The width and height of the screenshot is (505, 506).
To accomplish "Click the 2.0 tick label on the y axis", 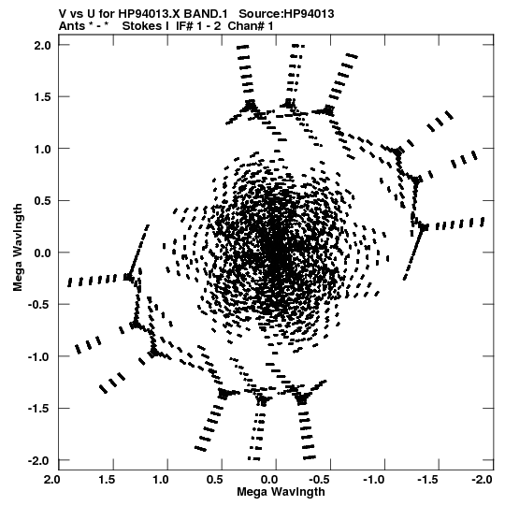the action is (x=43, y=45).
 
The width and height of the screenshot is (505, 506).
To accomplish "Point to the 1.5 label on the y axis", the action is (x=43, y=97).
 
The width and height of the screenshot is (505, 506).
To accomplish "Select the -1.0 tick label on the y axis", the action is (x=40, y=356).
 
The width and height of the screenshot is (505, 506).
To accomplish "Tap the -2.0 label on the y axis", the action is (x=40, y=460).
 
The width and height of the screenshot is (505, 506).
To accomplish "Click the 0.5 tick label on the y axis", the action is (x=43, y=201).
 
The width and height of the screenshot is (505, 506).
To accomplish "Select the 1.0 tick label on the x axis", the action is (x=161, y=480).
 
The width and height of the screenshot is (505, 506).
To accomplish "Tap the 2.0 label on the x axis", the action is (x=52, y=480).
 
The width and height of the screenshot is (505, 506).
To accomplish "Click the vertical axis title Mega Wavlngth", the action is (x=18, y=248).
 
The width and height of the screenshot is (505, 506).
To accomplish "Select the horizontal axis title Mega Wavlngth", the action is (x=281, y=492).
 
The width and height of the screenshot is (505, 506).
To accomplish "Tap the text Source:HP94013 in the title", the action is (x=286, y=14).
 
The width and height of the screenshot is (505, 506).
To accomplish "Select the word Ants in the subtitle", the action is (x=72, y=26).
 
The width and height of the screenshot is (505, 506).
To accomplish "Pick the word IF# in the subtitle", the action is (x=184, y=26).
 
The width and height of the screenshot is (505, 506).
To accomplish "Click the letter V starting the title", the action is (x=63, y=14).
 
